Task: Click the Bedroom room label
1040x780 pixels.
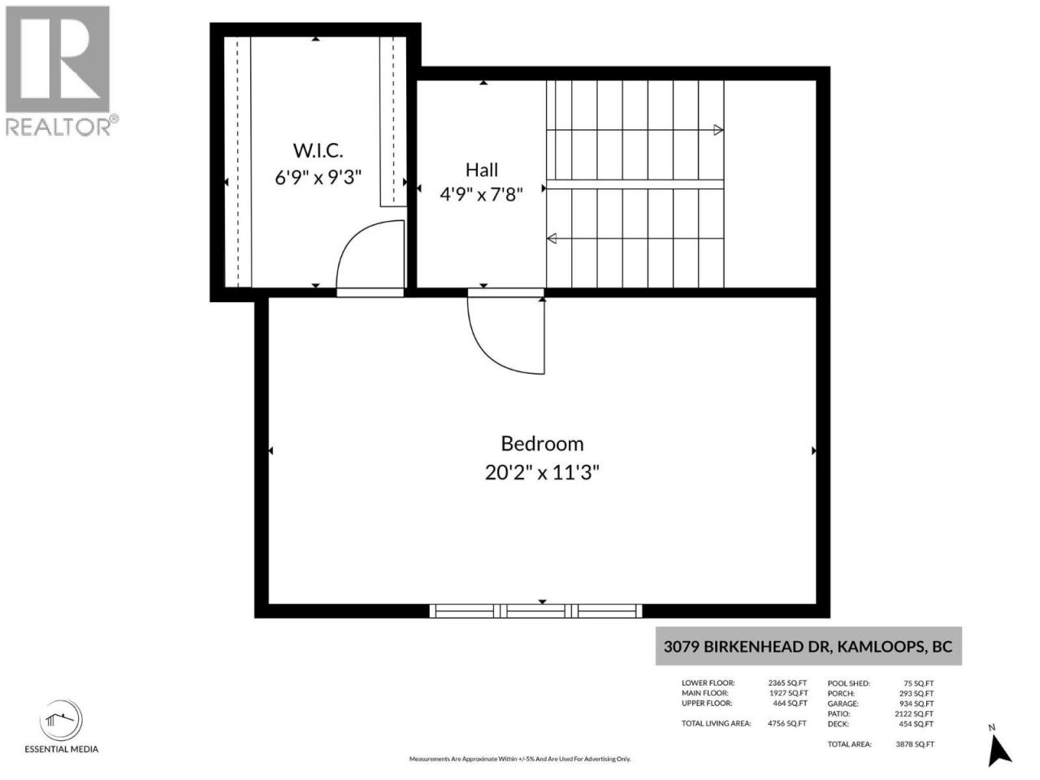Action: point(542,444)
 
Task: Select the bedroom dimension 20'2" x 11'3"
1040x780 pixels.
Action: point(542,473)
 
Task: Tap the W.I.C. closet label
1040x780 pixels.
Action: point(318,150)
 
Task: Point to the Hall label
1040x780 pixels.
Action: point(481,170)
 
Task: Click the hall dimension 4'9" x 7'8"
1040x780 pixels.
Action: point(481,194)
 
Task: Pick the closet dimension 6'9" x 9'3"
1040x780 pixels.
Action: point(318,178)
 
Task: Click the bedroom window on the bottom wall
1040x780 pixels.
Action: point(535,611)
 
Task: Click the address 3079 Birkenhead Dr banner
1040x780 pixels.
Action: point(808,647)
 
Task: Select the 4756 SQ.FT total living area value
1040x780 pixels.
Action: point(787,723)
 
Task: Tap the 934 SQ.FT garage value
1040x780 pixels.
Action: point(916,704)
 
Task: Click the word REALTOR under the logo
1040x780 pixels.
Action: point(58,127)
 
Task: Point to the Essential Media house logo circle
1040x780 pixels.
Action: point(61,721)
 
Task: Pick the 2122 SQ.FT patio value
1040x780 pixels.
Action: point(914,713)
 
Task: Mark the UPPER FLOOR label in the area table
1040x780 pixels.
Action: point(707,704)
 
